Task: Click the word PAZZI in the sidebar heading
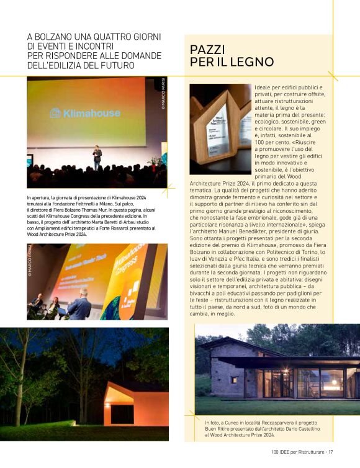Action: [x=207, y=50]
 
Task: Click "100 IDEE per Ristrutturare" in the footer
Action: [x=298, y=451]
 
